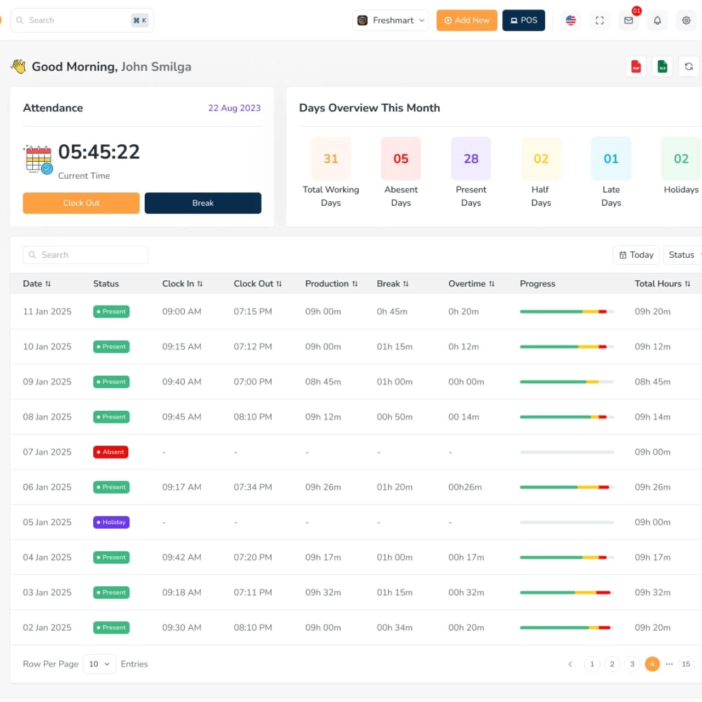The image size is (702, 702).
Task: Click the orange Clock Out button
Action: (x=81, y=203)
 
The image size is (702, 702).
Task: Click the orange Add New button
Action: (x=467, y=20)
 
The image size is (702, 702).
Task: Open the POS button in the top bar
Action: (x=524, y=20)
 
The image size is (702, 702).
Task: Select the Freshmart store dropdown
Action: (x=390, y=20)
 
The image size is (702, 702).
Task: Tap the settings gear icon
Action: (x=686, y=20)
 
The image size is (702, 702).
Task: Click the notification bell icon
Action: (x=657, y=20)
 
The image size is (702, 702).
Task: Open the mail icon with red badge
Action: (x=629, y=20)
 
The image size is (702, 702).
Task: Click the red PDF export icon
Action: (x=636, y=67)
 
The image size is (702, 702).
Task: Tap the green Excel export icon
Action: (x=663, y=67)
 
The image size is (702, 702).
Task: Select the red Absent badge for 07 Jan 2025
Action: (x=111, y=452)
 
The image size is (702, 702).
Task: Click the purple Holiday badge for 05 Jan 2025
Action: (x=111, y=522)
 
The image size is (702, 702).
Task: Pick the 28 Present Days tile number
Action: (x=471, y=158)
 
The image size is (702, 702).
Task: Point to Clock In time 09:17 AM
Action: (x=182, y=487)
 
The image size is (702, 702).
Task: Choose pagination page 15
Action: (x=686, y=664)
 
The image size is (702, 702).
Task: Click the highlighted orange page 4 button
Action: (x=652, y=664)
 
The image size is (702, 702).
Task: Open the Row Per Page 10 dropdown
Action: (x=99, y=664)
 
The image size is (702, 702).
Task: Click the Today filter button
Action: (x=636, y=255)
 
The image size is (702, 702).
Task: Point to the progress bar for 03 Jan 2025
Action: (x=566, y=592)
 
